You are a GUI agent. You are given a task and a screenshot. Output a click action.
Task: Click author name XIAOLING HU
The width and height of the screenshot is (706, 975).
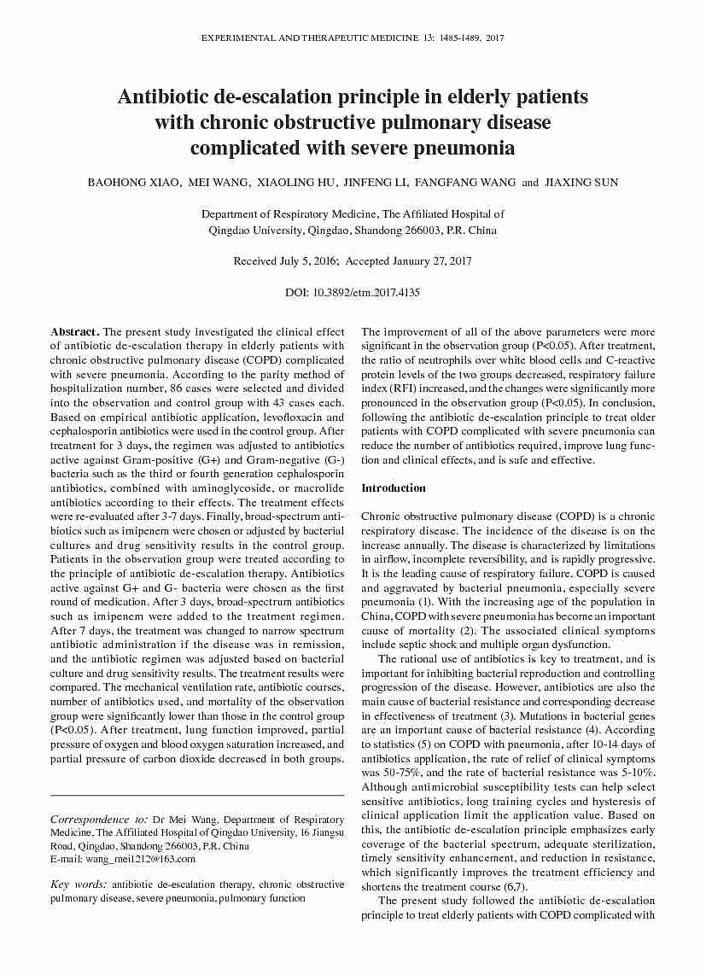[296, 183]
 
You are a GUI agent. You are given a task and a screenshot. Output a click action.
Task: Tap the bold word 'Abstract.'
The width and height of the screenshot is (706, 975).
[75, 331]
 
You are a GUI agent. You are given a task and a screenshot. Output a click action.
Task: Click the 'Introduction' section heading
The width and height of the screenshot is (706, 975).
[393, 488]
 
